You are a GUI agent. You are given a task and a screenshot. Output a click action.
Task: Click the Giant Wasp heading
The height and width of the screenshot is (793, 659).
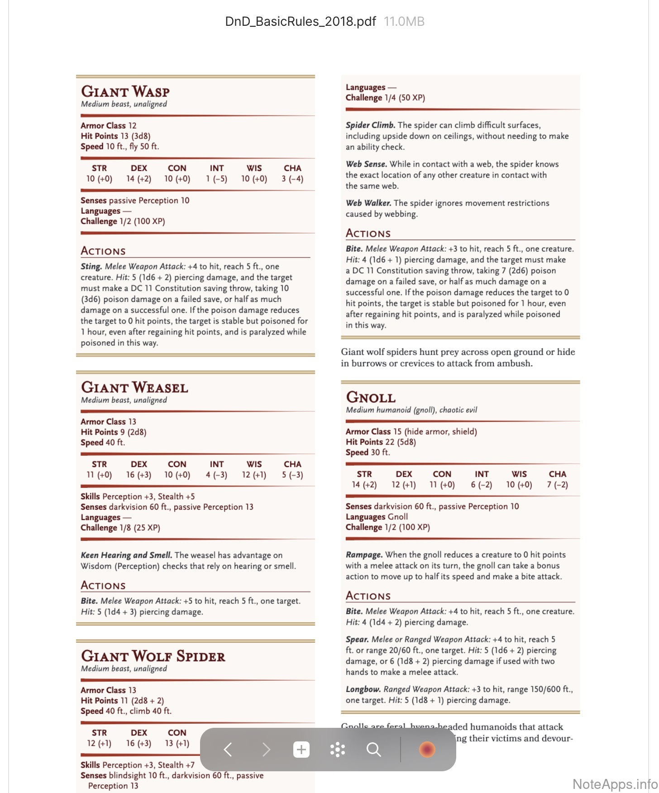(x=125, y=91)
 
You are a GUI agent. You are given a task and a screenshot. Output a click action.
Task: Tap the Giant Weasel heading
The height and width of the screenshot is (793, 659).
(x=134, y=387)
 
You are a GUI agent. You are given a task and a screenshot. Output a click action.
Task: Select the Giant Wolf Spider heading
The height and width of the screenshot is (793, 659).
(x=153, y=656)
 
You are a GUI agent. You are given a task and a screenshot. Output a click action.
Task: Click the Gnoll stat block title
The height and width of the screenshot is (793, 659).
(x=371, y=397)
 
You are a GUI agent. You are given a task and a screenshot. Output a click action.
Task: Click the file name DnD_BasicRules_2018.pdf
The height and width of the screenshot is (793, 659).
(x=301, y=21)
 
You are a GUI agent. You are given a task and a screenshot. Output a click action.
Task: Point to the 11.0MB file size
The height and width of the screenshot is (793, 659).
(x=404, y=21)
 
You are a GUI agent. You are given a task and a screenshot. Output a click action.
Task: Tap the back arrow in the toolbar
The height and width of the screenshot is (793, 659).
(x=228, y=750)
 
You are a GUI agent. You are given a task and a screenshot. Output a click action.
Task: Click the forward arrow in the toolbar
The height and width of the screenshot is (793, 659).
(x=266, y=750)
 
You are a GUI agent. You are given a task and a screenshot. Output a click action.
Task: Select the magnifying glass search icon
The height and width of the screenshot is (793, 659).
(x=373, y=750)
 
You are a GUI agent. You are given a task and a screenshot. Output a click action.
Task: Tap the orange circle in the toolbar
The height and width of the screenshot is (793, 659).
(x=427, y=750)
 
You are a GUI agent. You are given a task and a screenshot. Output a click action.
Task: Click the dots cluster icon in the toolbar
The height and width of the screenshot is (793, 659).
(x=338, y=750)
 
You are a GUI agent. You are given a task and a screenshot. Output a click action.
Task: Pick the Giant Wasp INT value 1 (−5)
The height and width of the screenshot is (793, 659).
(x=216, y=179)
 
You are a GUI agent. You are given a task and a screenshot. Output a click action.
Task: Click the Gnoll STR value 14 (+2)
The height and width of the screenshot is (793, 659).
(x=364, y=485)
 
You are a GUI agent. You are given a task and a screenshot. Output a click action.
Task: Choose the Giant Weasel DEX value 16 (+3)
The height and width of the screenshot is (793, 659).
(x=138, y=475)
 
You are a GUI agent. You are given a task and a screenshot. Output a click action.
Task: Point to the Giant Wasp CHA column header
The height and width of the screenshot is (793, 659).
(x=292, y=168)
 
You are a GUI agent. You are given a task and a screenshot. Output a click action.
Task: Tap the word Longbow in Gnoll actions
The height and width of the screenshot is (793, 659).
(x=363, y=689)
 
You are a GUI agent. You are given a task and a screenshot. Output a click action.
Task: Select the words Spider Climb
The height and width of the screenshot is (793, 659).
(x=370, y=125)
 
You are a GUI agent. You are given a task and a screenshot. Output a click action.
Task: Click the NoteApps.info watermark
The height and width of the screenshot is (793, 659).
(x=615, y=784)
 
